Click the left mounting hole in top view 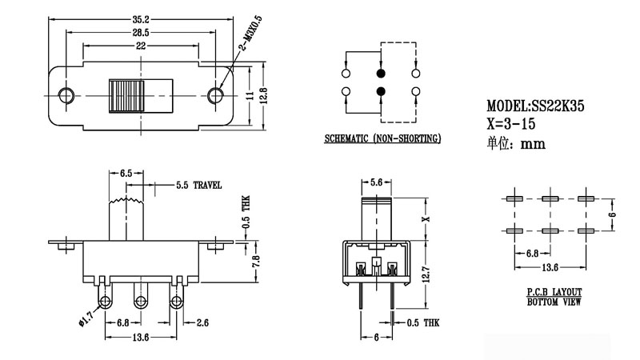coord(65,95)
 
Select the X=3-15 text coord(511,125)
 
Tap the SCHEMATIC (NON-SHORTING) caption coord(382,139)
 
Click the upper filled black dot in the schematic coord(380,70)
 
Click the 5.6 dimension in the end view coord(378,181)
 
